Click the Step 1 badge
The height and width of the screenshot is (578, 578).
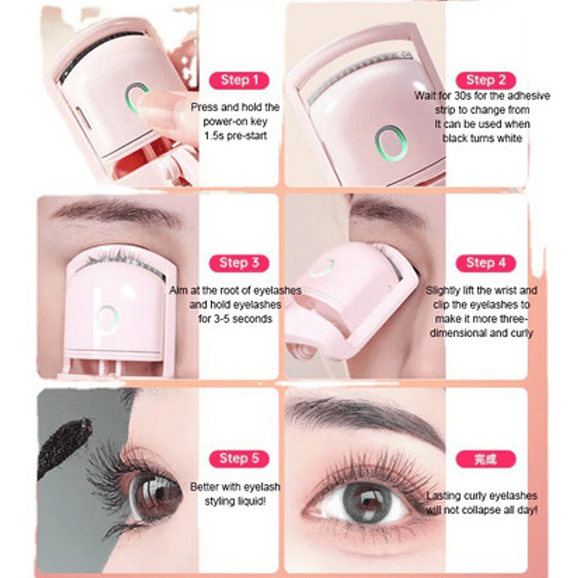(x=239, y=80)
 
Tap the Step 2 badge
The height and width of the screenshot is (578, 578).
(x=486, y=80)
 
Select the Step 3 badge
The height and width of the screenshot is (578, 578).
(x=239, y=263)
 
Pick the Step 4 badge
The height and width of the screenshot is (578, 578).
(x=486, y=263)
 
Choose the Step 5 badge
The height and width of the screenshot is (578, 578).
(x=239, y=459)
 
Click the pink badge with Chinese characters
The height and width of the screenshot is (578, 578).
(x=486, y=459)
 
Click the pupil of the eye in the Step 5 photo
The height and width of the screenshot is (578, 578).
(x=159, y=494)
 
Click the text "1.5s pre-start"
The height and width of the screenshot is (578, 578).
(x=236, y=136)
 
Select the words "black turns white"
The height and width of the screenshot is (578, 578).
(x=482, y=138)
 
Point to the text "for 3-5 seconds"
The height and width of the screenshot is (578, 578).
(x=236, y=319)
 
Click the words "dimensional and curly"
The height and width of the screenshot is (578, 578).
(x=482, y=333)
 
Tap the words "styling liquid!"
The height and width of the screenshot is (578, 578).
(x=236, y=502)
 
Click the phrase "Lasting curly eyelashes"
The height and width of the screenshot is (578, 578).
(x=482, y=496)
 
